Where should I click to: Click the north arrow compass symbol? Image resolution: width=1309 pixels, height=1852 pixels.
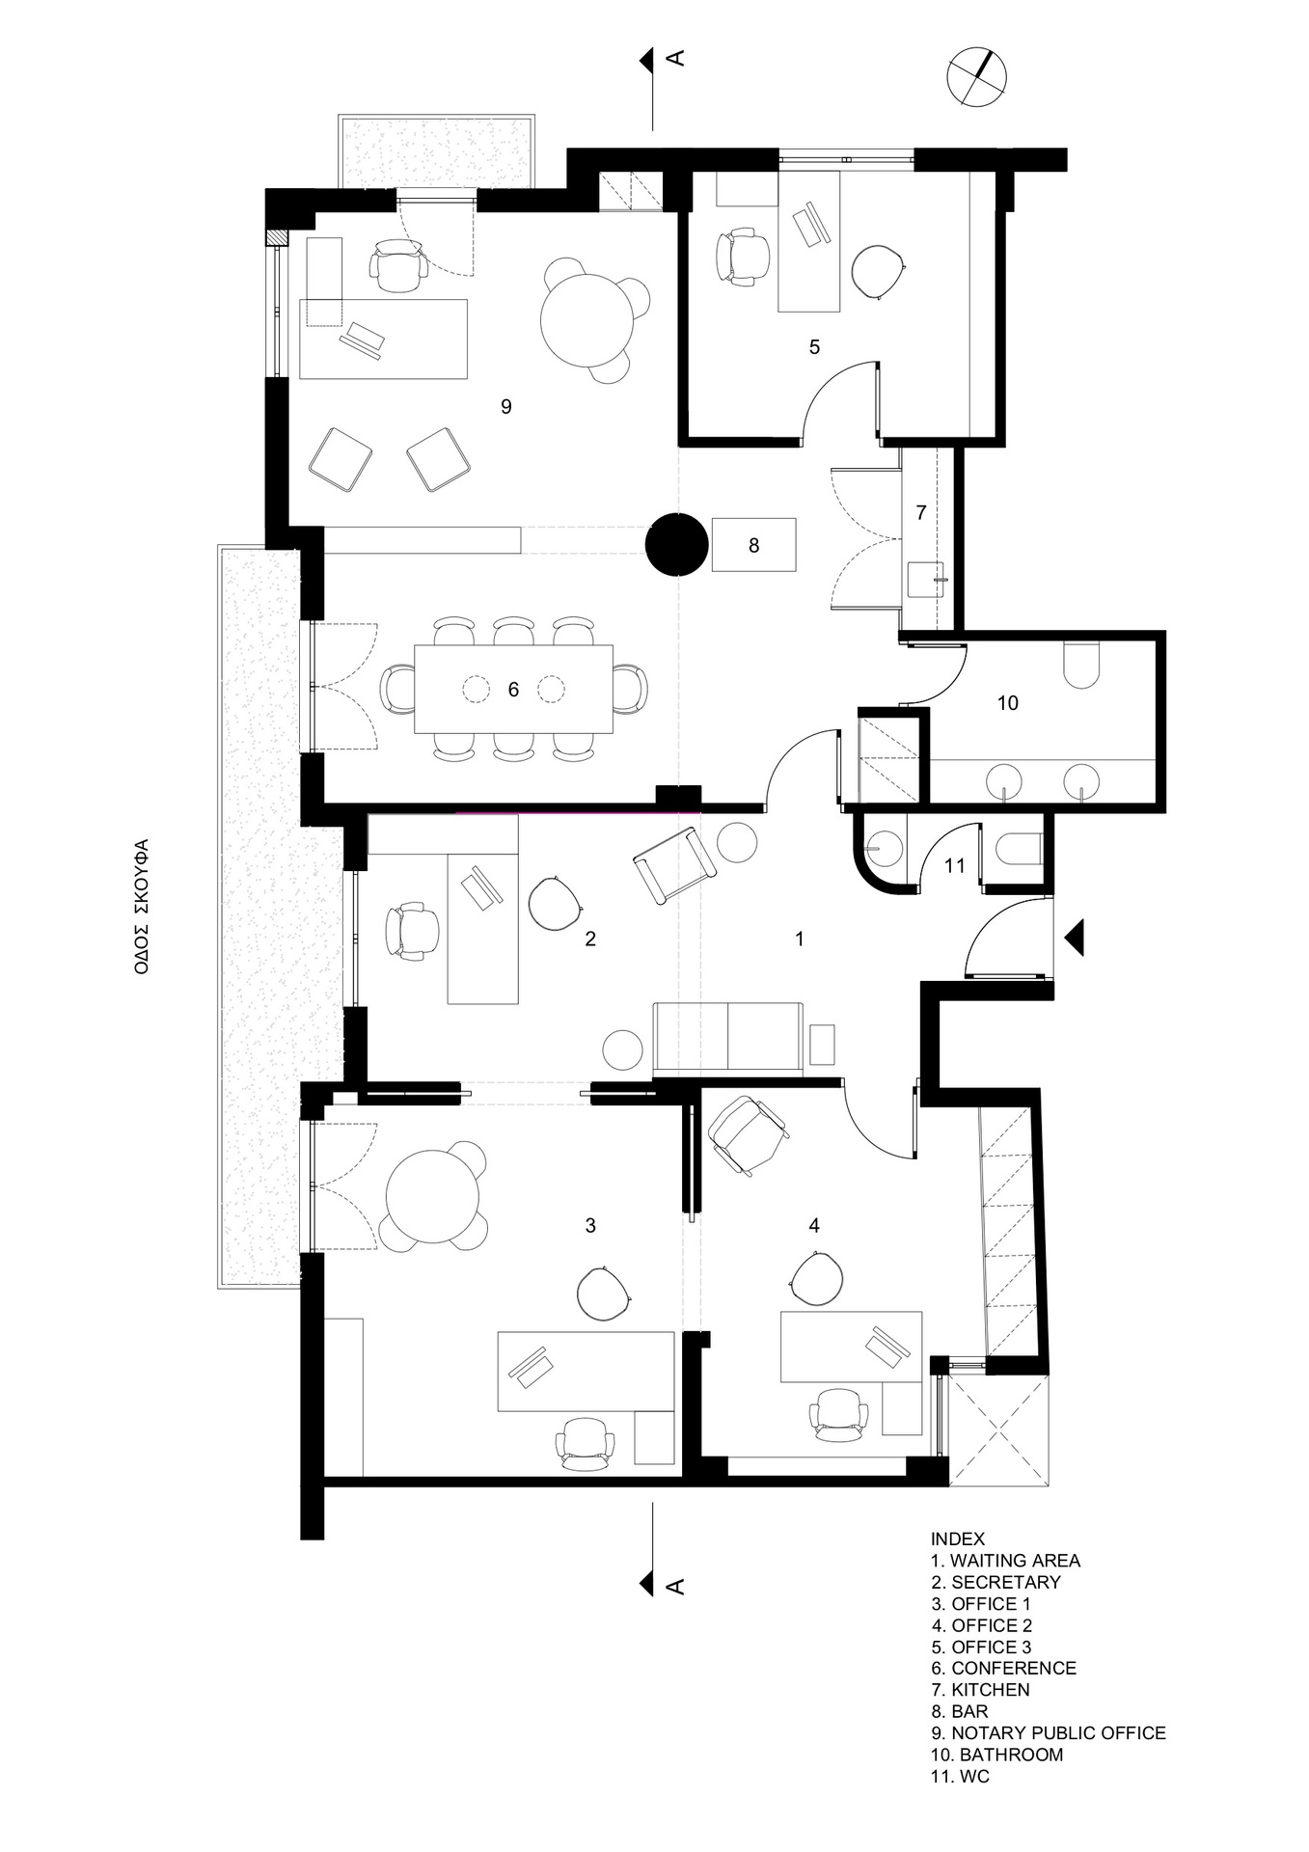[977, 75]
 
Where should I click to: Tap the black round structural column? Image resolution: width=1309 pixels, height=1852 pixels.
[677, 545]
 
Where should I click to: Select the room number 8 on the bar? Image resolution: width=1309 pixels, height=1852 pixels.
[753, 546]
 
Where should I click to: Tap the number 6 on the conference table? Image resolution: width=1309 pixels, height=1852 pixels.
[513, 690]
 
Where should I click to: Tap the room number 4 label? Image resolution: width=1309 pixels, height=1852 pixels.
[814, 1226]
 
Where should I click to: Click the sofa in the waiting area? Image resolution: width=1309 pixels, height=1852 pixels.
[727, 1038]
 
